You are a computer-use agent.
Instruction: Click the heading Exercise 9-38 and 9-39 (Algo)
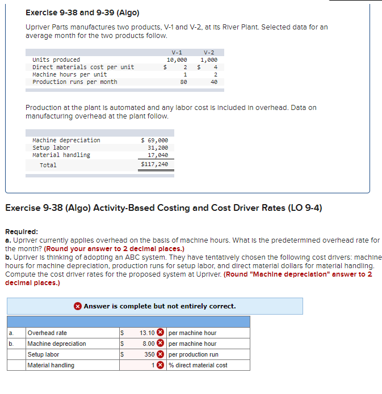82,12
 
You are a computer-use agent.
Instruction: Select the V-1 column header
177,52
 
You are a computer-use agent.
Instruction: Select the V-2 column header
209,52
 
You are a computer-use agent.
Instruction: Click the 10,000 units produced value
177,60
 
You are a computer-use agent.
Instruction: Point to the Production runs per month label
75,82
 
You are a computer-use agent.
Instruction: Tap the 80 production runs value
183,82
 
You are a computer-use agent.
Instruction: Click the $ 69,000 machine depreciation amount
154,140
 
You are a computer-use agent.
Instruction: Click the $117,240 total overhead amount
154,164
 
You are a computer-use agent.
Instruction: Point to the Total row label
48,165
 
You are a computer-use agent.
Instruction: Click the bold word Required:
22,231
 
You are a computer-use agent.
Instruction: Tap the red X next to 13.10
161,333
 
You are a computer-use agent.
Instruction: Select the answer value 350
149,354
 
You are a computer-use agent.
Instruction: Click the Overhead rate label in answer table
47,333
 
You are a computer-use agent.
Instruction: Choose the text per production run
194,354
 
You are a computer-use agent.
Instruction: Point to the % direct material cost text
198,365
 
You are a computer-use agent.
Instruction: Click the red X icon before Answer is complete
78,306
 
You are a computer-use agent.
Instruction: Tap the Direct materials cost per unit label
83,67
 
